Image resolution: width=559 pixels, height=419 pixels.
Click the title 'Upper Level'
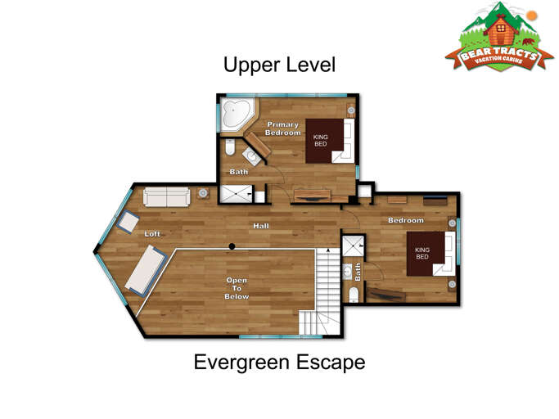(280, 64)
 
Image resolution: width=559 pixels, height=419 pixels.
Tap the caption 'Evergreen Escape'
(279, 362)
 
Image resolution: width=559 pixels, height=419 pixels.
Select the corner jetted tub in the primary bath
(236, 115)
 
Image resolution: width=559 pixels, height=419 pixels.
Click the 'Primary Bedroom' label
(283, 128)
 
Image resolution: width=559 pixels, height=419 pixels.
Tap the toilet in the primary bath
(231, 148)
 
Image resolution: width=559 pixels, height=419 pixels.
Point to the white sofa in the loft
(167, 197)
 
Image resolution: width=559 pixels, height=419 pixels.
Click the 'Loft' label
(152, 233)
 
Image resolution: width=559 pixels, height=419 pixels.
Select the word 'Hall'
(261, 226)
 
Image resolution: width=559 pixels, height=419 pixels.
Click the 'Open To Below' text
(237, 288)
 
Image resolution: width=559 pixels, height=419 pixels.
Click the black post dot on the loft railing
(232, 246)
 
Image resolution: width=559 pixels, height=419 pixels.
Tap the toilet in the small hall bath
(354, 294)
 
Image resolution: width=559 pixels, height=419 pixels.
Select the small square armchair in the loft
(128, 221)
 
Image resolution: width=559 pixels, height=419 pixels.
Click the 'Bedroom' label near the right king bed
(406, 220)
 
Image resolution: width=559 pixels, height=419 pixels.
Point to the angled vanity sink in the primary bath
(251, 155)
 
